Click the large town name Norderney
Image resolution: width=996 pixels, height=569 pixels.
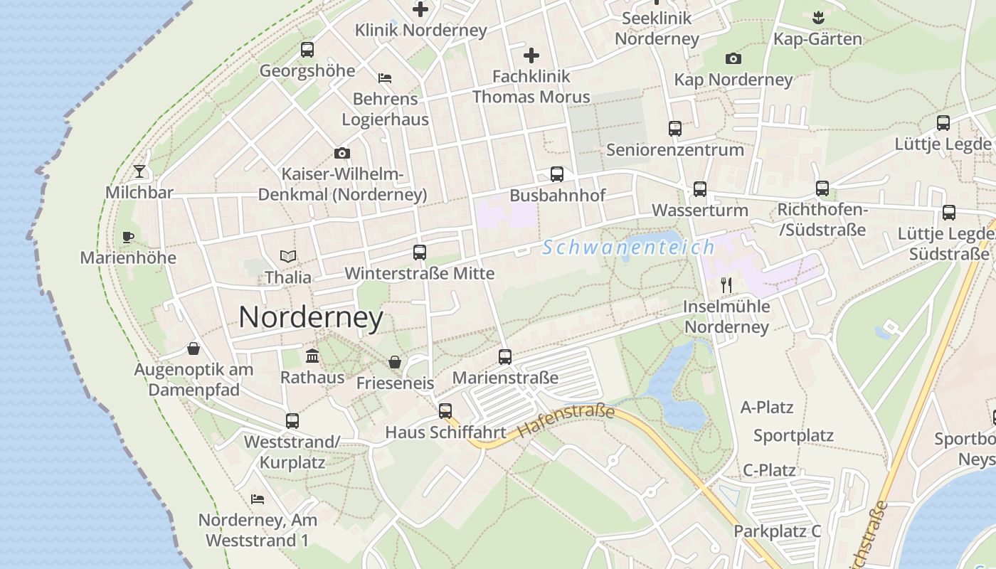[x=311, y=317]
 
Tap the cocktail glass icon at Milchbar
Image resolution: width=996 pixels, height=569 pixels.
[x=139, y=171]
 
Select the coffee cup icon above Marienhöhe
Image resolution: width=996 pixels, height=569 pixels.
[x=128, y=237]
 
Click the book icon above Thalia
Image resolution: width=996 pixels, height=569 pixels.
[x=288, y=256]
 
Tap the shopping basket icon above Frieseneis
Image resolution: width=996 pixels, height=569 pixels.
[x=395, y=363]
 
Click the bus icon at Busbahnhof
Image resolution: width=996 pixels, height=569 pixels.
[x=557, y=174]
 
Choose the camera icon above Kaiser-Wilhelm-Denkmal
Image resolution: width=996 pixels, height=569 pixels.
[x=342, y=154]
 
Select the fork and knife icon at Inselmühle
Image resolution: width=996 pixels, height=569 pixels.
[x=726, y=285]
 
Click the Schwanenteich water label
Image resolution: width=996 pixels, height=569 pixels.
[x=628, y=248]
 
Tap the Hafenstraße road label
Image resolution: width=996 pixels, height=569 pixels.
[x=566, y=421]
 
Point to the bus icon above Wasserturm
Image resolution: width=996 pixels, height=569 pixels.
[x=700, y=189]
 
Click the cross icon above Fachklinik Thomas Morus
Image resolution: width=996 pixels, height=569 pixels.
[x=531, y=55]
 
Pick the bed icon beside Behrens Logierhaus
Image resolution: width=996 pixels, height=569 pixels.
[x=385, y=78]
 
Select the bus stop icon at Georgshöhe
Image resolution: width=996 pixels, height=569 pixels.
[x=307, y=50]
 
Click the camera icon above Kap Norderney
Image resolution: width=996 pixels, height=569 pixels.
[x=733, y=58]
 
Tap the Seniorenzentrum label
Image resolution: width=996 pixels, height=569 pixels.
[x=675, y=150]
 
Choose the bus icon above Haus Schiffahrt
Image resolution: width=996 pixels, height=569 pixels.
[x=445, y=411]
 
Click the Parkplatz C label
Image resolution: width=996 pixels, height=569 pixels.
[x=778, y=531]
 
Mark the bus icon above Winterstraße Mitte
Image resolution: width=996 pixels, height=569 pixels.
[x=420, y=252]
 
